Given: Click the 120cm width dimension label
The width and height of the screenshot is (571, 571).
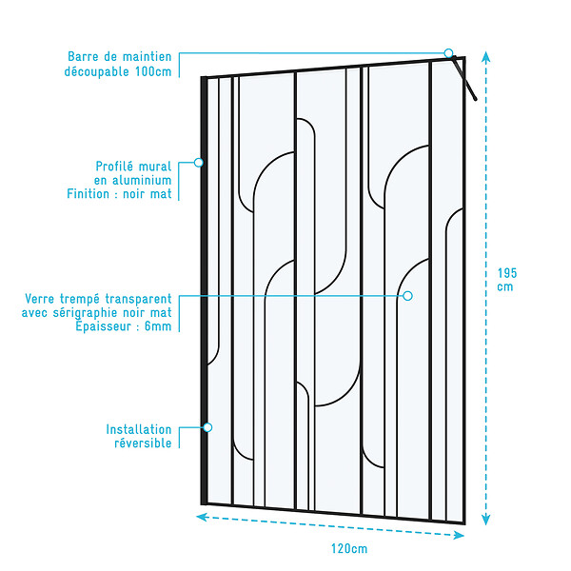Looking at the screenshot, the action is point(349,548).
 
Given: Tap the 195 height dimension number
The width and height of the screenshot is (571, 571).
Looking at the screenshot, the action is point(507,273).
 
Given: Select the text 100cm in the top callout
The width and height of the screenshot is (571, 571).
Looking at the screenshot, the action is point(153,71).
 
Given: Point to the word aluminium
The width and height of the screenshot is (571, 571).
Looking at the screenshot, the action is point(142,180).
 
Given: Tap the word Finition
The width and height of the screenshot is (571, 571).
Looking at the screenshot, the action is point(88,194).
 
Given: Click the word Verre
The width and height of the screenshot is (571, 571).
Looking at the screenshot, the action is point(39,299).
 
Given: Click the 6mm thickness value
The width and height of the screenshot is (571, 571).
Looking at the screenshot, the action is point(158,326).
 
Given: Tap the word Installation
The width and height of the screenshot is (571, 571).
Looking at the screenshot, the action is point(139,429).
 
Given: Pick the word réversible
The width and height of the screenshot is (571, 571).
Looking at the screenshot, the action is point(143,443).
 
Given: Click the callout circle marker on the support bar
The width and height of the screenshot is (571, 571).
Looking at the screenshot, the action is point(448,53).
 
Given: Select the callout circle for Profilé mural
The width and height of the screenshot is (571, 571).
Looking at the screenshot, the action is point(199,163).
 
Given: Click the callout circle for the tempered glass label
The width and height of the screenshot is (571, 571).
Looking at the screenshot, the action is point(408,296).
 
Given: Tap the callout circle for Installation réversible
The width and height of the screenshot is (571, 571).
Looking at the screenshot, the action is point(207,427).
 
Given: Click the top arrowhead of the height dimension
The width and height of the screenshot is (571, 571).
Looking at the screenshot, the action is point(485,56).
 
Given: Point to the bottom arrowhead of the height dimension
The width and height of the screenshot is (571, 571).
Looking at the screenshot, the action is point(485,520).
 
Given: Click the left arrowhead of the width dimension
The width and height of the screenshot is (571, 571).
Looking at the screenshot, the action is point(202,517).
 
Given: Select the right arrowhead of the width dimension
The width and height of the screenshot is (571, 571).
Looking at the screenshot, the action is point(459,535).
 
